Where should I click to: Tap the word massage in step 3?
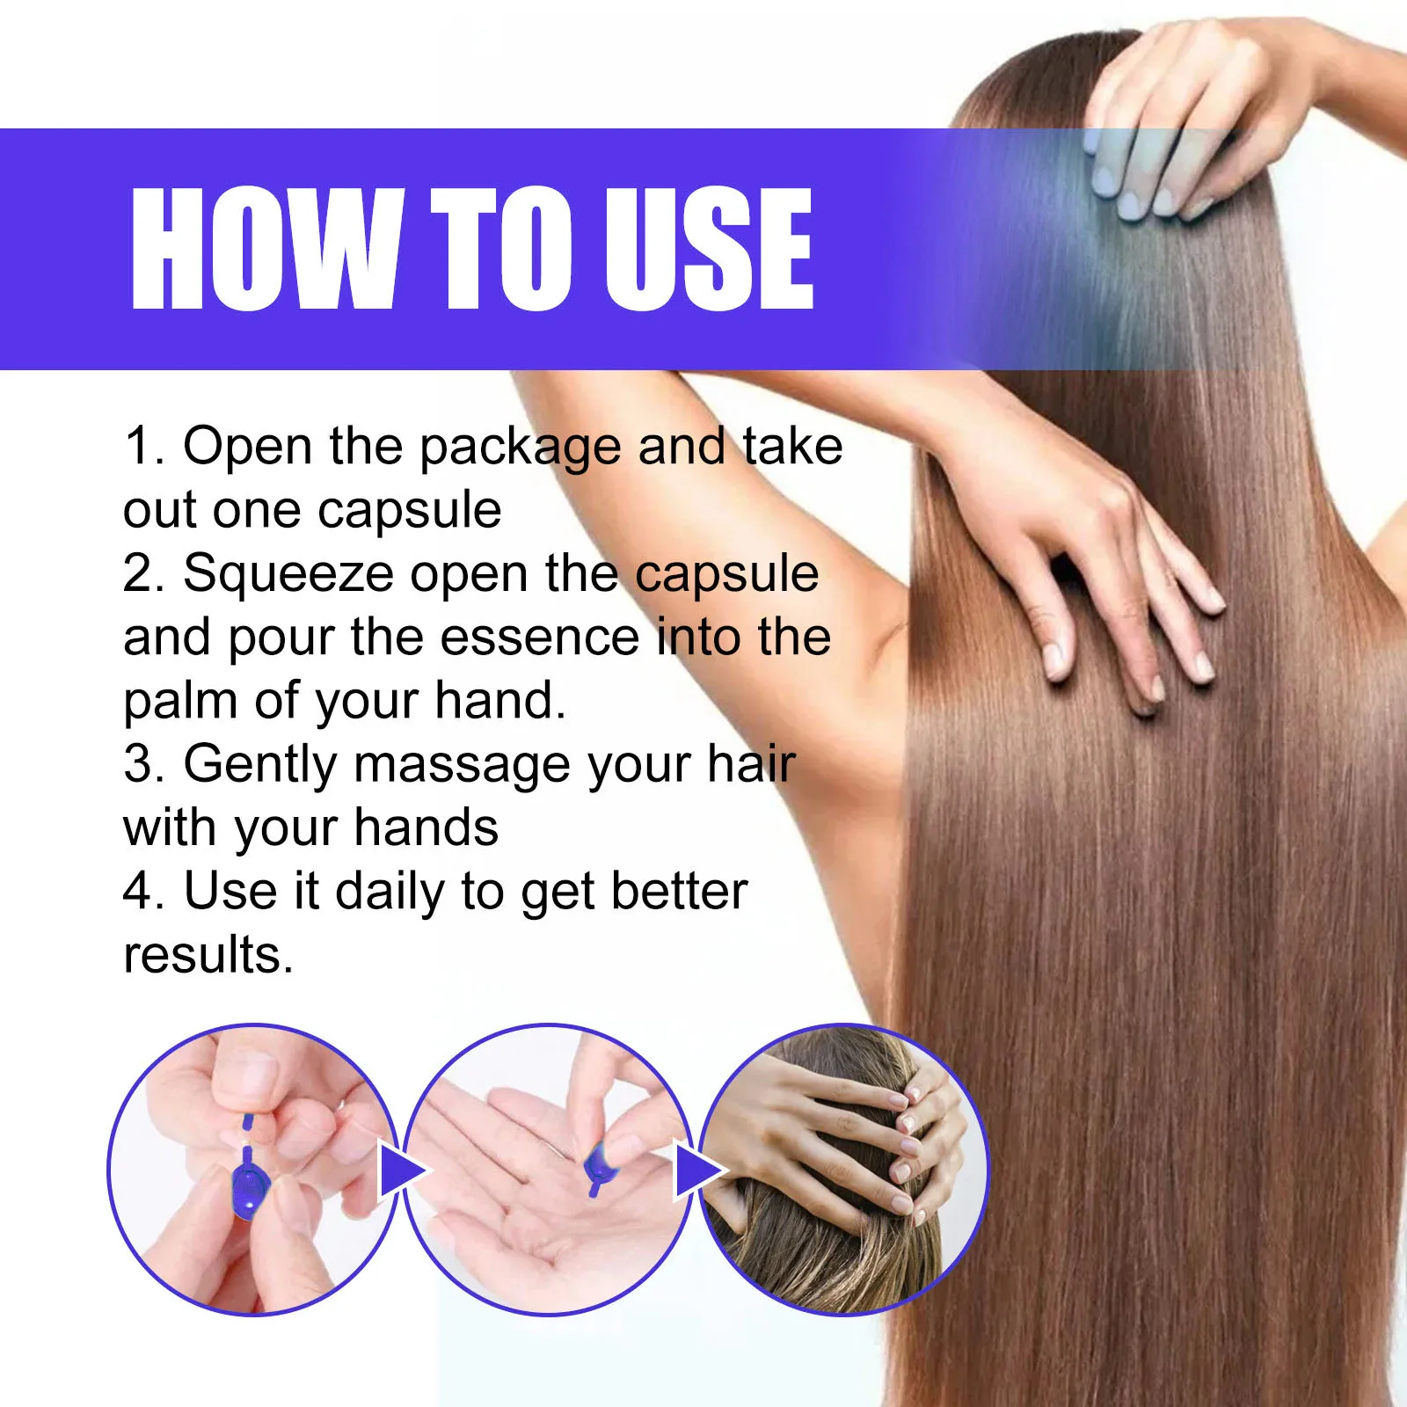point(463,765)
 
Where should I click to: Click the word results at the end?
point(208,956)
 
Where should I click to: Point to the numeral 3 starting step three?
point(142,763)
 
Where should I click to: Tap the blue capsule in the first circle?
point(249,1187)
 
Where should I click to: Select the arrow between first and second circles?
point(400,1171)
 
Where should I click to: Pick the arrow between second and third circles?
point(697,1171)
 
